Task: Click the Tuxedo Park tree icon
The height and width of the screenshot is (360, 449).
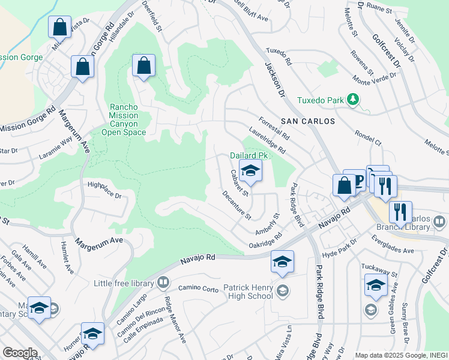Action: tap(354, 99)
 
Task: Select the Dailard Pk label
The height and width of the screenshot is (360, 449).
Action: tap(248, 155)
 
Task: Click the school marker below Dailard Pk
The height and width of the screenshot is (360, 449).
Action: tap(251, 170)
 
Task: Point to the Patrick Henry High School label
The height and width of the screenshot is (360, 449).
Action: tap(248, 292)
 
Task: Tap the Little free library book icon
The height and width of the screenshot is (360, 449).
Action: tap(163, 282)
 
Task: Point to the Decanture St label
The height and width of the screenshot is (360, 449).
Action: tap(236, 204)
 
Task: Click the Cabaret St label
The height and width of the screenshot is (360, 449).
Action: tap(239, 183)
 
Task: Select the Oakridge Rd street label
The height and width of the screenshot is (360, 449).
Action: tap(265, 241)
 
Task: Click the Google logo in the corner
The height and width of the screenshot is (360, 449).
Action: tap(19, 352)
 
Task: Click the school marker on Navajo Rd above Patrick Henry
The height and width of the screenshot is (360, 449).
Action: tap(282, 261)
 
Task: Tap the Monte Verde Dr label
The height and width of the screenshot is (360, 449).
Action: tap(375, 79)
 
